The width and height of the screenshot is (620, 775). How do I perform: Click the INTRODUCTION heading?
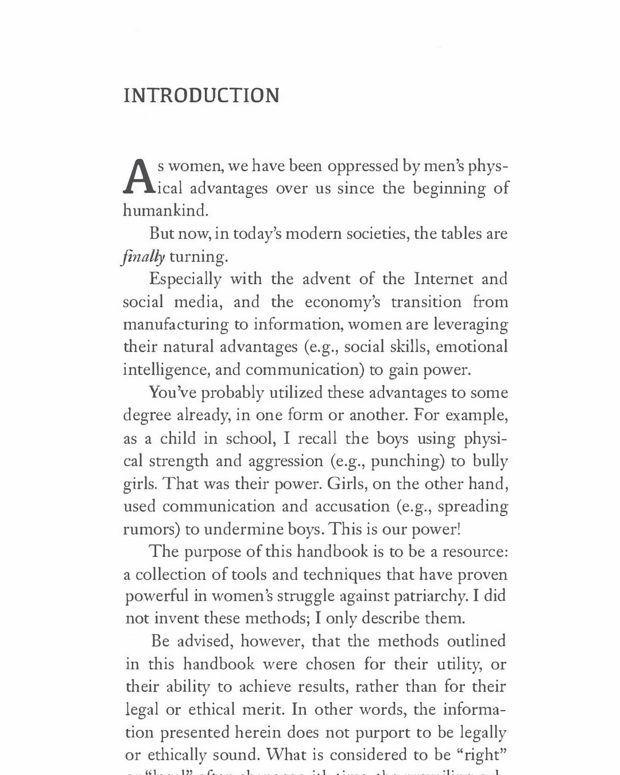[x=201, y=96]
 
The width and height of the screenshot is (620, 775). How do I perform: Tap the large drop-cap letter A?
[x=139, y=177]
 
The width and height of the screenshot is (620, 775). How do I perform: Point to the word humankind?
[x=165, y=211]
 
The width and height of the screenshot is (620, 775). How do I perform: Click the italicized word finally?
[x=143, y=257]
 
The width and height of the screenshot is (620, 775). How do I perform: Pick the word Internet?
[x=443, y=279]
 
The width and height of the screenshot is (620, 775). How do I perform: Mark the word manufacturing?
[x=176, y=325]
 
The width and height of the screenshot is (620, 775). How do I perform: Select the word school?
[x=250, y=438]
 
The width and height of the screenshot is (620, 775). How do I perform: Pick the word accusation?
[x=352, y=506]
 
